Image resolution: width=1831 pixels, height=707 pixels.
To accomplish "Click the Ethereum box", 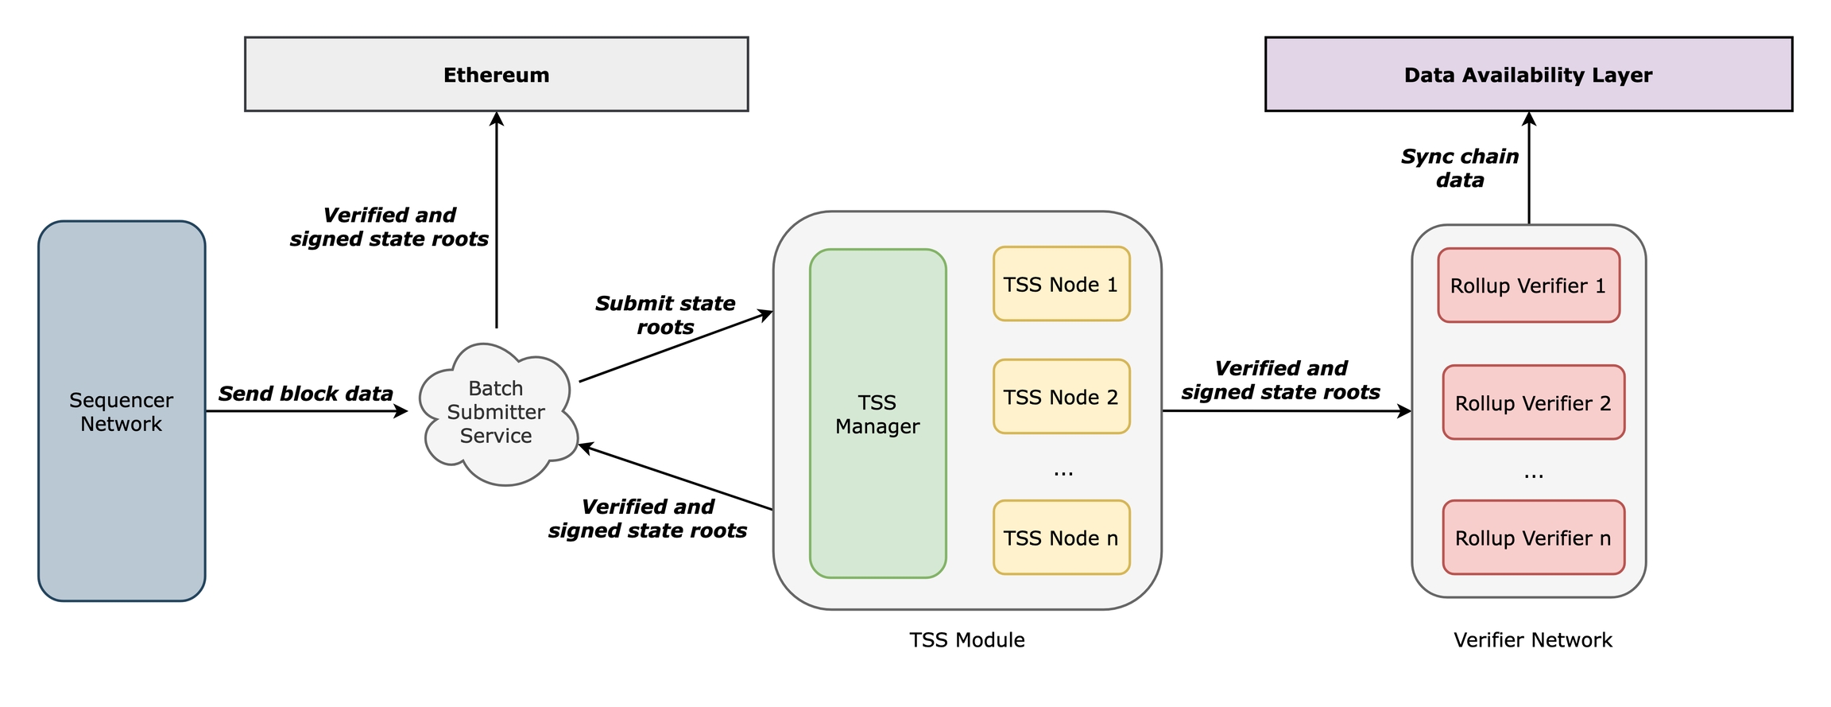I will [x=496, y=74].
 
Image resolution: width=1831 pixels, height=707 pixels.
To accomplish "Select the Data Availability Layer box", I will [x=1527, y=74].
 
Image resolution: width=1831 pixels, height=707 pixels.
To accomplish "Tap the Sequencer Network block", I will [x=122, y=411].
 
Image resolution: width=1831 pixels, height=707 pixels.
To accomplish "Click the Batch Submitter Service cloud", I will [x=497, y=412].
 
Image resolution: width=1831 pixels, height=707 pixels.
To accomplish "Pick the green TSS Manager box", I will [x=877, y=414].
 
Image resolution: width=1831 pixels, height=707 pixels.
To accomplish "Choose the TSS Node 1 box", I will [x=1061, y=284].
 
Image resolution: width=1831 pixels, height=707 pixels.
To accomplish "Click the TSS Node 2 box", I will [x=1061, y=397].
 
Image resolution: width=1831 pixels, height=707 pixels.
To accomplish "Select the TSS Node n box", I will [x=1061, y=538].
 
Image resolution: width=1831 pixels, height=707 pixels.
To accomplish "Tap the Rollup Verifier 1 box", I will [x=1527, y=286].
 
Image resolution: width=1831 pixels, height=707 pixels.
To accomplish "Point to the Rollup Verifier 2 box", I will [x=1533, y=402].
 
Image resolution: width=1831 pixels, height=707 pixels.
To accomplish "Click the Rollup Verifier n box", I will [x=1533, y=538].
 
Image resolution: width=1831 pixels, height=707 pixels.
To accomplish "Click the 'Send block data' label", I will [x=305, y=394].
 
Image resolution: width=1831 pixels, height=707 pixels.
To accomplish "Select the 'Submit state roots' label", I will [x=665, y=315].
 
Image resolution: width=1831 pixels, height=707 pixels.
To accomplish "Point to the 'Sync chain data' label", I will [x=1460, y=168].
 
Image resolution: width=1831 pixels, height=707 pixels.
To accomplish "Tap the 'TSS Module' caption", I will [x=966, y=640].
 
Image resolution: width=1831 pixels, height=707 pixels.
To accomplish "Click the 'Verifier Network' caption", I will [x=1532, y=640].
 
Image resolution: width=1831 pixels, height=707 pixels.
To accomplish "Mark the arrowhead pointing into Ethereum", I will [x=497, y=118].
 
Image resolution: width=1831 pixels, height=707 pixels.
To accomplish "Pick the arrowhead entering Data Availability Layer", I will [x=1529, y=118].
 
